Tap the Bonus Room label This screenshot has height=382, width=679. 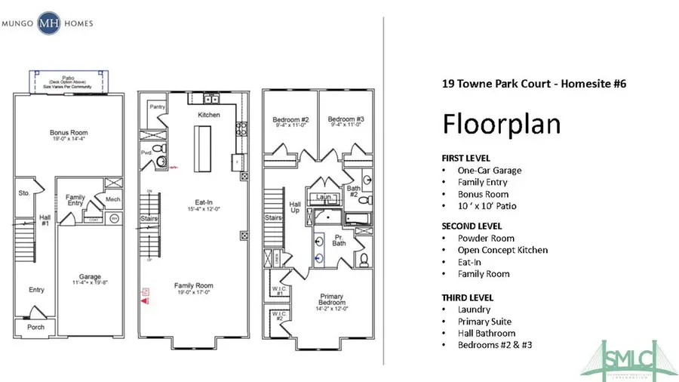69,134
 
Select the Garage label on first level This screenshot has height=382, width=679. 91,277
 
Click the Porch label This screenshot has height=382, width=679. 36,327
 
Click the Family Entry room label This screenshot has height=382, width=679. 76,200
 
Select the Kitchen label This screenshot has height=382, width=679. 209,115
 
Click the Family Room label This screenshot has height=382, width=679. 193,286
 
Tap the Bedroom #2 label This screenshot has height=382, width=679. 290,119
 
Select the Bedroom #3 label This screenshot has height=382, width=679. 346,119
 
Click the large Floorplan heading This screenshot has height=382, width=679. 501,124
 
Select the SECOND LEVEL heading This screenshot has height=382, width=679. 472,226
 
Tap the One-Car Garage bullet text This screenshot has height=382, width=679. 489,171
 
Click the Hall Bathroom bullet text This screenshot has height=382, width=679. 487,333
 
